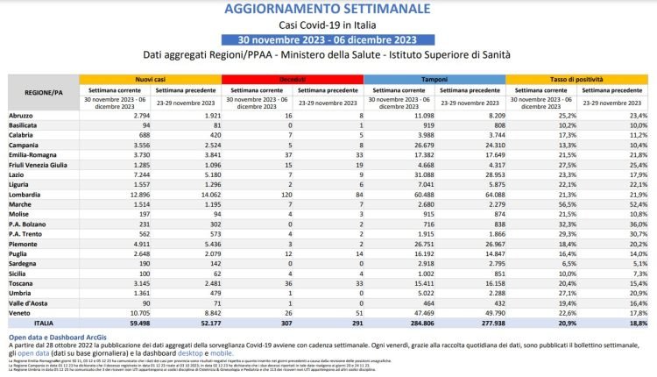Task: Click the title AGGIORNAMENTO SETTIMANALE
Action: coord(328,9)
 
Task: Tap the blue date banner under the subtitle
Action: coord(328,39)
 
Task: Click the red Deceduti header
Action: coord(292,80)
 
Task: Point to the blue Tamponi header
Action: coord(434,80)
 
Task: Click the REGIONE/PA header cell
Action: coord(43,91)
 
